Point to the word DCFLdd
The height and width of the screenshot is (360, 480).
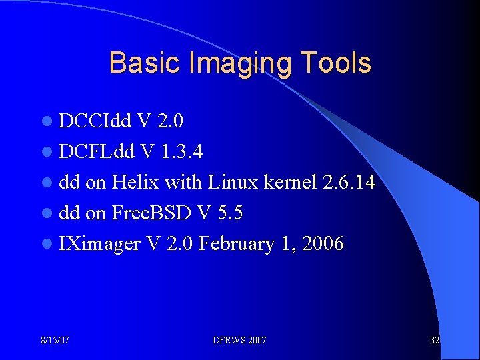tap(98, 152)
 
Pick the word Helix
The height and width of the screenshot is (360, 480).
tap(135, 183)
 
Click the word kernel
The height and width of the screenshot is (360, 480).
tap(290, 183)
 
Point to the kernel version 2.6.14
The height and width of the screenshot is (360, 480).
tap(348, 183)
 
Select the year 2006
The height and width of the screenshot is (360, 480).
tap(323, 244)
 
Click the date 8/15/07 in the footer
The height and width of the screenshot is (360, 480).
tap(55, 341)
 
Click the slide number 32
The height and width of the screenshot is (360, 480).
tap(435, 341)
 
